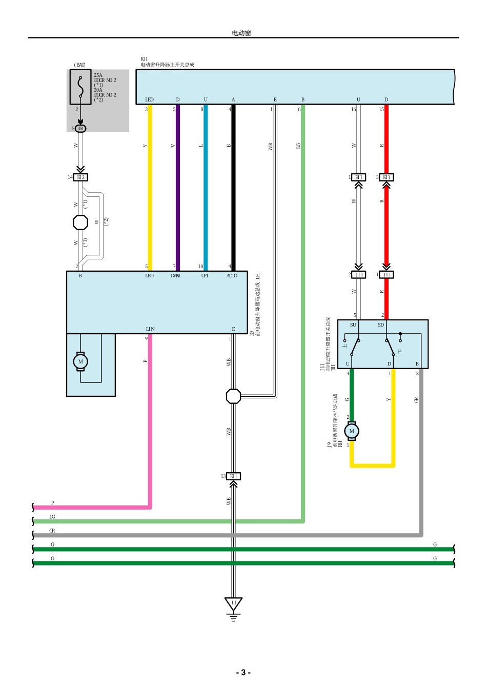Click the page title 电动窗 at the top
241,33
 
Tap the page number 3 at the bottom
243,672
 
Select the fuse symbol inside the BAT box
80,87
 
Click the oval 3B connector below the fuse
80,129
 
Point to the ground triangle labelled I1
234,603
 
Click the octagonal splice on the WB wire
233,396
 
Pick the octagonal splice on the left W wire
80,222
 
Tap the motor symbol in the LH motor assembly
80,361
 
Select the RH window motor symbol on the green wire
352,431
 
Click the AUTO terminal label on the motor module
232,276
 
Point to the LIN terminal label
150,329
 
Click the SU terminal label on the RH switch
353,325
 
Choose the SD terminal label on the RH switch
381,325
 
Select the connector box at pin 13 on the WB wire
234,476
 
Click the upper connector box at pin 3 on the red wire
387,177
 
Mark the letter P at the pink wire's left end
52,503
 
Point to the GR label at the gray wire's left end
52,531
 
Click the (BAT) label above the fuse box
79,65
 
